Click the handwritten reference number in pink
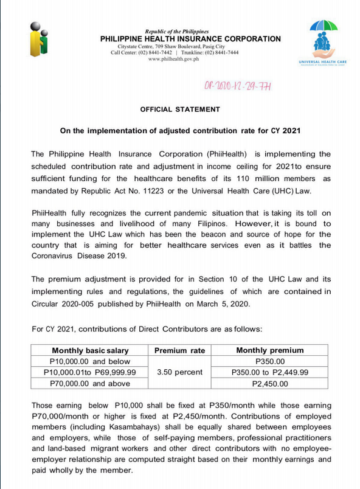coord(237,87)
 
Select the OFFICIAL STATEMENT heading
coord(180,109)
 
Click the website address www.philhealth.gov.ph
coord(174,59)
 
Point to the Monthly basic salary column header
coord(85,350)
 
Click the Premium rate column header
coord(180,350)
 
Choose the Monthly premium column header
coord(270,350)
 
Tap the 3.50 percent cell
coord(180,372)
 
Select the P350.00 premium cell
coord(270,361)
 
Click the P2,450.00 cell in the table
coord(270,383)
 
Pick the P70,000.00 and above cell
coord(85,383)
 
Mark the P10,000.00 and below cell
coord(85,361)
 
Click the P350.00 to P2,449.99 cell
coord(270,372)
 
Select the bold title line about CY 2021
coord(180,130)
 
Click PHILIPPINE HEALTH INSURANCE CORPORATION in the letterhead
coord(190,39)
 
